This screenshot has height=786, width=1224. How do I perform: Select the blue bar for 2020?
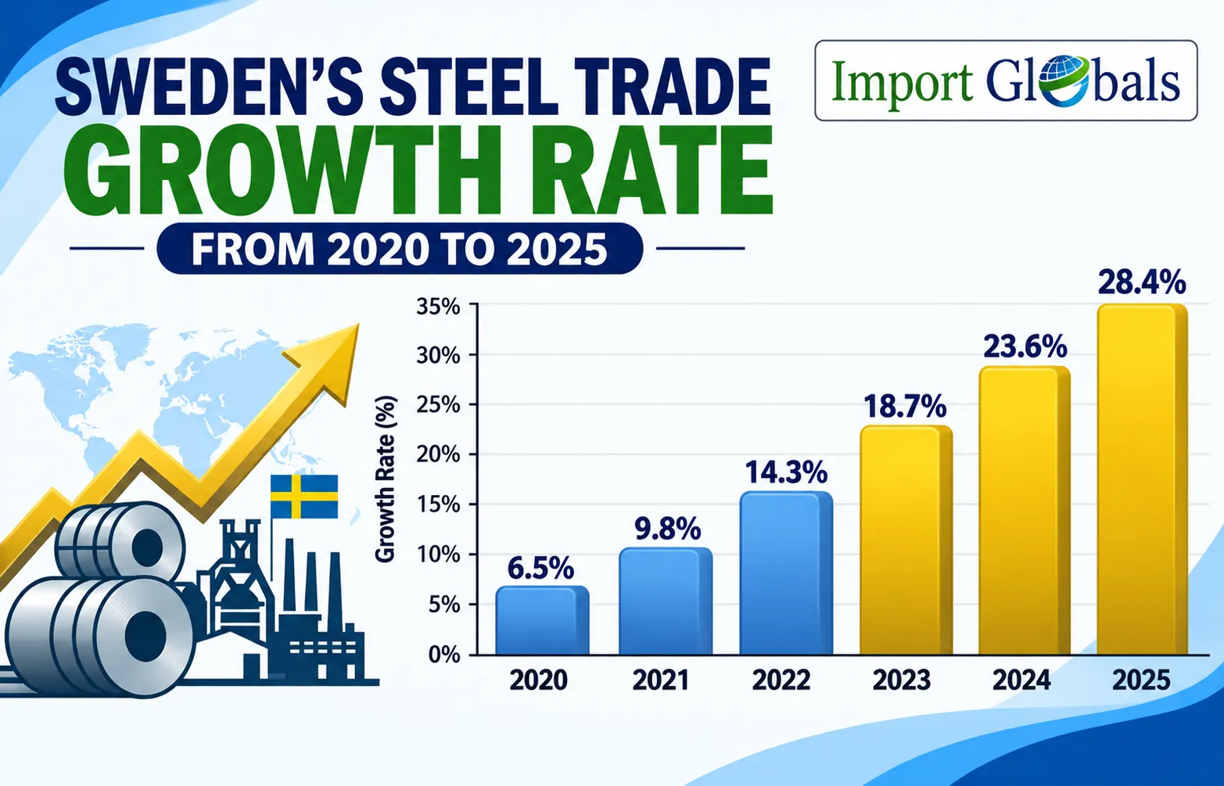[542, 620]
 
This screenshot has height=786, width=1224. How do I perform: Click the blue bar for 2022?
[786, 572]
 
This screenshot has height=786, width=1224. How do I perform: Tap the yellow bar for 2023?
[906, 540]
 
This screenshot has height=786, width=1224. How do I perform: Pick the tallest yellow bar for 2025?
[1142, 479]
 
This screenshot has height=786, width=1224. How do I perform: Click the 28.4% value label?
[1142, 282]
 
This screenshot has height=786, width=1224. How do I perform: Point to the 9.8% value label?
[667, 529]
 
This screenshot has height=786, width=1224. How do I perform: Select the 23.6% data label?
[1025, 346]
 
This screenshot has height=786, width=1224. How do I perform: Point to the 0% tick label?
[444, 655]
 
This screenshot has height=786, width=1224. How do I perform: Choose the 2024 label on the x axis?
[1021, 680]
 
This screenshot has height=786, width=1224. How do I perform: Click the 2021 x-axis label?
[661, 680]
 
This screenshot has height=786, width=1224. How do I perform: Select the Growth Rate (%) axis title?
[386, 479]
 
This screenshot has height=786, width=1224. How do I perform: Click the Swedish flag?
[303, 497]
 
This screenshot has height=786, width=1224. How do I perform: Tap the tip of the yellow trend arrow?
[359, 324]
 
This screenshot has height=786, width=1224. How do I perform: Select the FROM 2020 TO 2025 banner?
[400, 249]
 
